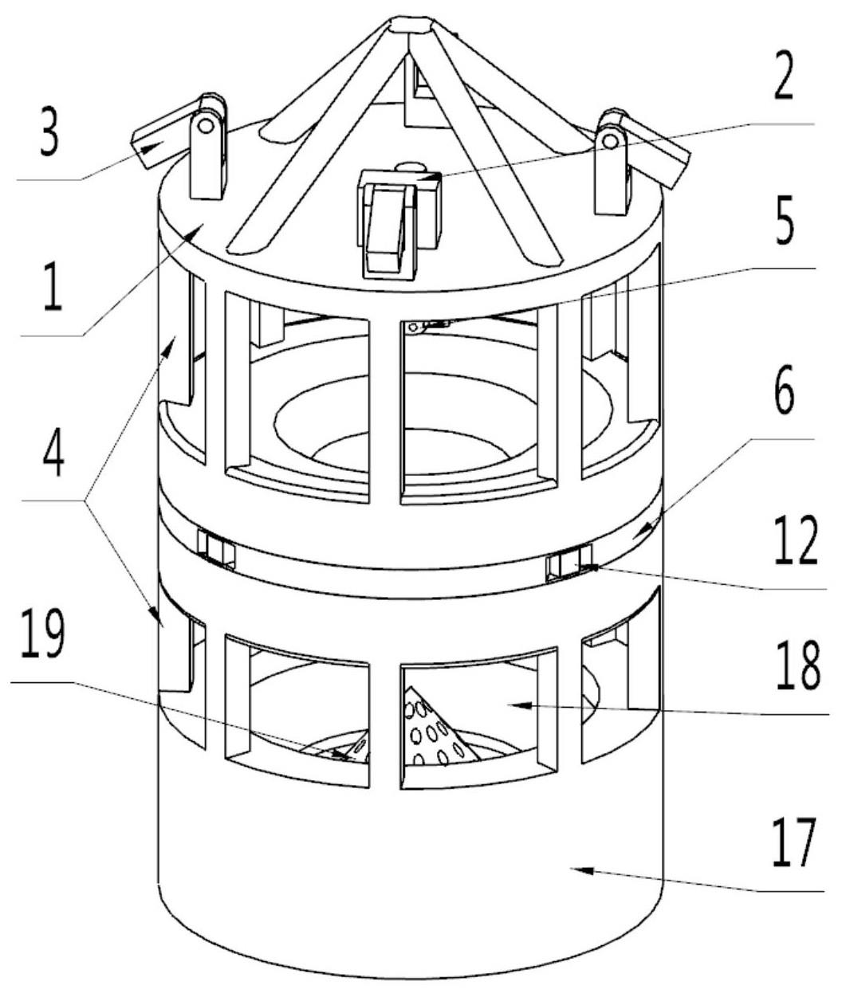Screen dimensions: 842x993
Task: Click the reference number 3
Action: pos(50,133)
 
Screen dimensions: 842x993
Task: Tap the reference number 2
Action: pos(783,79)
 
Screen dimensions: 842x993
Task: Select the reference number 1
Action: pos(53,287)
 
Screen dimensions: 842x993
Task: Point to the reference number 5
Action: pos(784,223)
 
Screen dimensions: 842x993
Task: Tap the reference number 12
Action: pos(796,540)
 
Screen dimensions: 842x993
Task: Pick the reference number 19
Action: pos(43,632)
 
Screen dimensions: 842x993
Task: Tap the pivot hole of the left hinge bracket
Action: pos(207,126)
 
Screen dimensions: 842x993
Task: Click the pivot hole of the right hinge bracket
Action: pos(611,141)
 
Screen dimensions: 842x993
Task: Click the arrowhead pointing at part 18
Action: pos(520,705)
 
